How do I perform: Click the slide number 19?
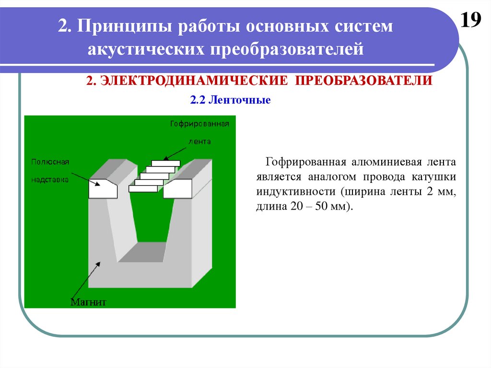click(x=471, y=20)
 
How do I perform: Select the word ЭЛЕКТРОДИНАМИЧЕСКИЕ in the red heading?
click(x=194, y=81)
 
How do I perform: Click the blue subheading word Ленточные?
click(x=240, y=100)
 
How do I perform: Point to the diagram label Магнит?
click(x=88, y=302)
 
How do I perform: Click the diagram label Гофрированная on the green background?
click(x=200, y=124)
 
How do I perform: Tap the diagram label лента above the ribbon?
click(x=199, y=142)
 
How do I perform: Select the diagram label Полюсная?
click(x=50, y=162)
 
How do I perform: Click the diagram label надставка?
click(x=50, y=180)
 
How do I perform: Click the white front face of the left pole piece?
click(x=103, y=189)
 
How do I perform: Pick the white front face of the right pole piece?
click(x=177, y=189)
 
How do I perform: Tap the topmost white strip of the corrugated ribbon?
click(x=165, y=163)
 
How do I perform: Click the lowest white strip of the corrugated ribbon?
click(x=143, y=189)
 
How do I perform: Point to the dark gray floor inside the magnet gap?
click(x=142, y=252)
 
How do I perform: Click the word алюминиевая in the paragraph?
click(x=387, y=162)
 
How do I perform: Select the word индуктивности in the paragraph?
click(x=296, y=191)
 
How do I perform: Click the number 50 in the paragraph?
click(x=321, y=206)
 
